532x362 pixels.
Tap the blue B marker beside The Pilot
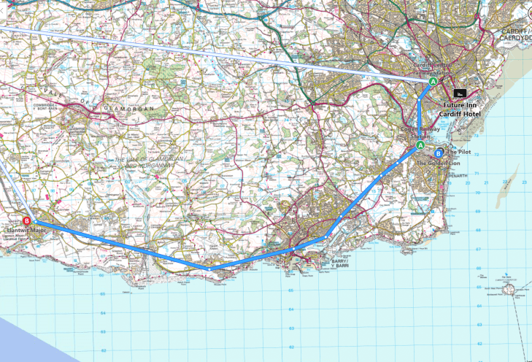(x=438, y=153)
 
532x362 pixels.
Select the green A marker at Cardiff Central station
(x=433, y=83)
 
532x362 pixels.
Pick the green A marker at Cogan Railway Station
(x=420, y=146)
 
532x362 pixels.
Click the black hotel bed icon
(x=460, y=93)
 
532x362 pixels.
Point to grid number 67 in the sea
(x=479, y=249)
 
